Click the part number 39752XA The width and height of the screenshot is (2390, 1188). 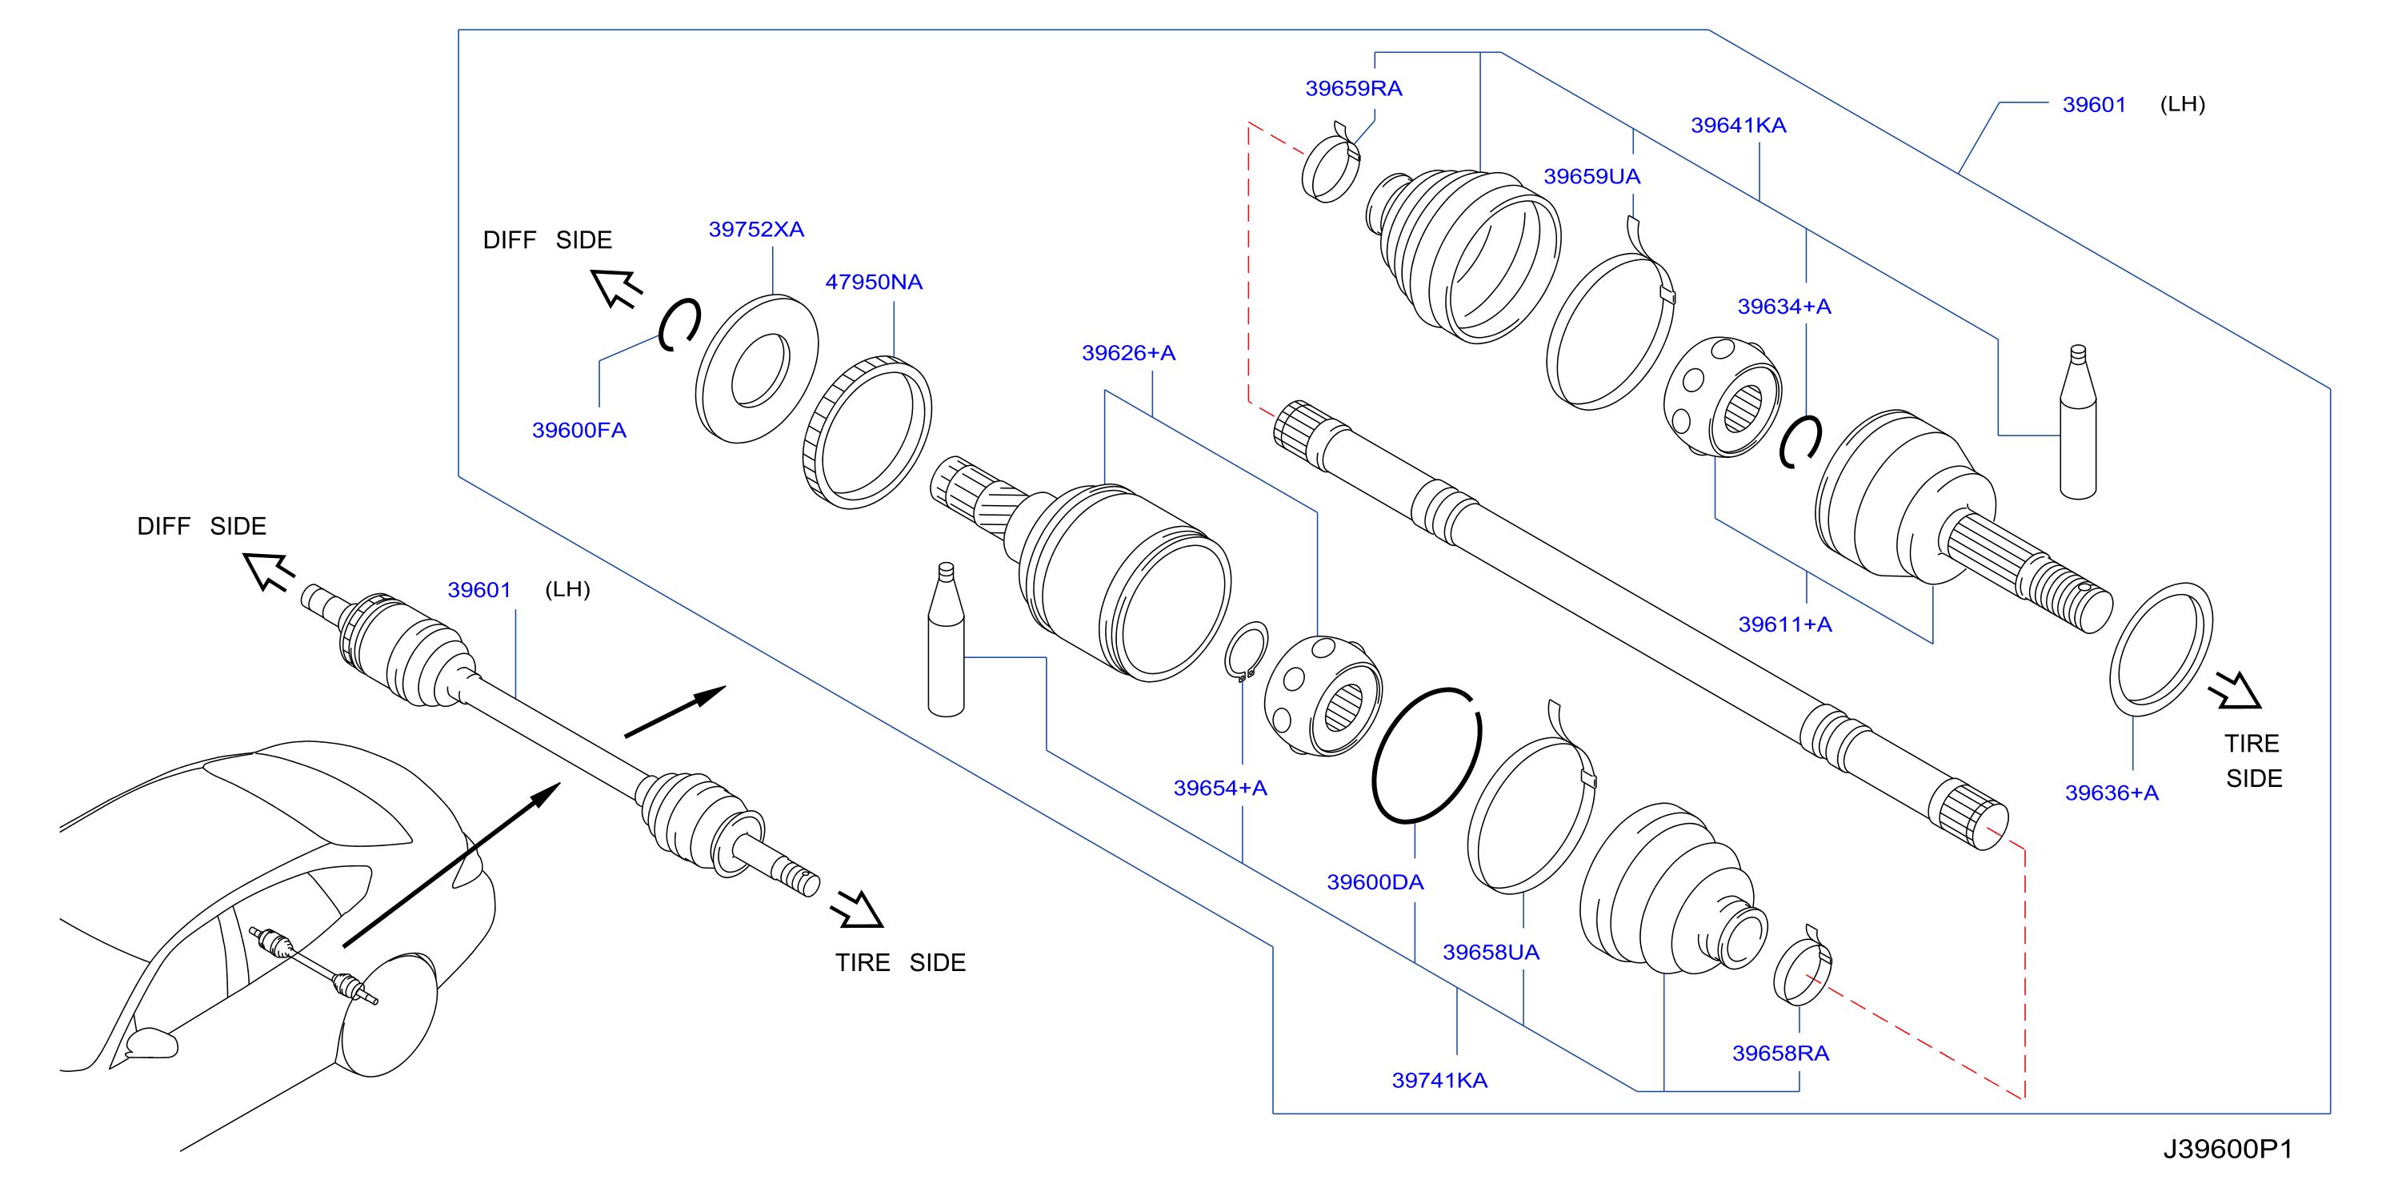pyautogui.click(x=756, y=229)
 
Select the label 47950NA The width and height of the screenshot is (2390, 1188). pyautogui.click(x=874, y=282)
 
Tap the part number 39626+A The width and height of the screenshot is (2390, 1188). pyautogui.click(x=1128, y=353)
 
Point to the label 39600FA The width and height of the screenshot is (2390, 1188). pyautogui.click(x=579, y=431)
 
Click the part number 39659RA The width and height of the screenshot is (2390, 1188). pyautogui.click(x=1354, y=89)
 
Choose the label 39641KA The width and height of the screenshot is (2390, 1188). pyautogui.click(x=1739, y=126)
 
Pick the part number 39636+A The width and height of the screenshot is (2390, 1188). pyautogui.click(x=2112, y=793)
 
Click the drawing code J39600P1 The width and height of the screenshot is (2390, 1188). pyautogui.click(x=2228, y=1150)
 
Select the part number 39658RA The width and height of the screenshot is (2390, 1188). pyautogui.click(x=1780, y=1054)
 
